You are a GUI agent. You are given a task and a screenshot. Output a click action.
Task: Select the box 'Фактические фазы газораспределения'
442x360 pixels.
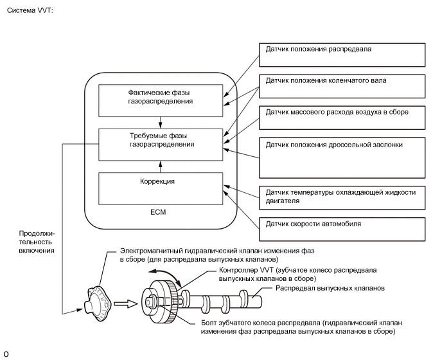[161, 97]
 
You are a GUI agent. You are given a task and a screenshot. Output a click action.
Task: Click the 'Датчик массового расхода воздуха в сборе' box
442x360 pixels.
[342, 117]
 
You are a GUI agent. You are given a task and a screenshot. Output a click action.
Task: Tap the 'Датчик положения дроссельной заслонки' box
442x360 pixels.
[342, 156]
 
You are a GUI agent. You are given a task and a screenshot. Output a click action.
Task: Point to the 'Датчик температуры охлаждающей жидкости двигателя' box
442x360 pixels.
[342, 196]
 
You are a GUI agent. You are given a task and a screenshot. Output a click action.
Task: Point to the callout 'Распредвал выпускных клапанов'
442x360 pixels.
[330, 289]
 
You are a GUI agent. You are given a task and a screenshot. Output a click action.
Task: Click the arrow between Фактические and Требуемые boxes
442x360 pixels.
[161, 120]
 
